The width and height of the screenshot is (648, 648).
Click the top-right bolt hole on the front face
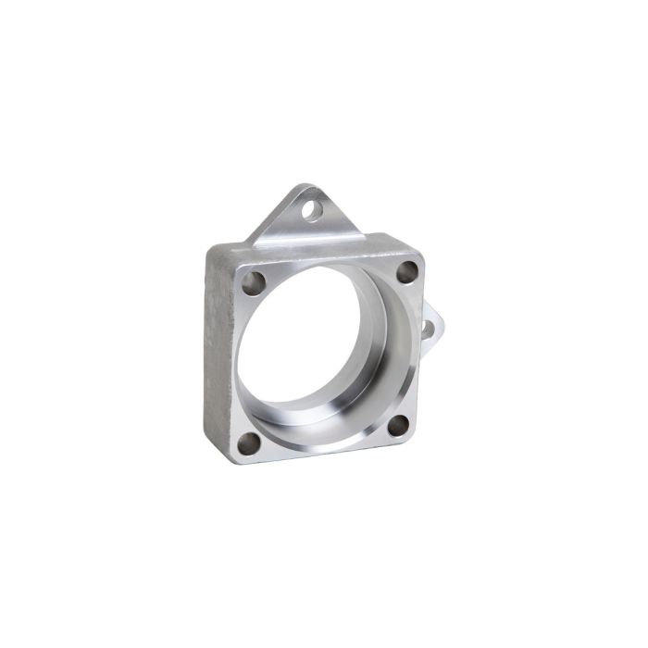pyautogui.click(x=407, y=272)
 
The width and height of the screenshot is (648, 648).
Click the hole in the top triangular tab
pyautogui.click(x=315, y=209)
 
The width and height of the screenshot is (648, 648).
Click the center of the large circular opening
pyautogui.click(x=319, y=352)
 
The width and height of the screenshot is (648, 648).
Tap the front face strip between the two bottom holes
pyautogui.click(x=319, y=449)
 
